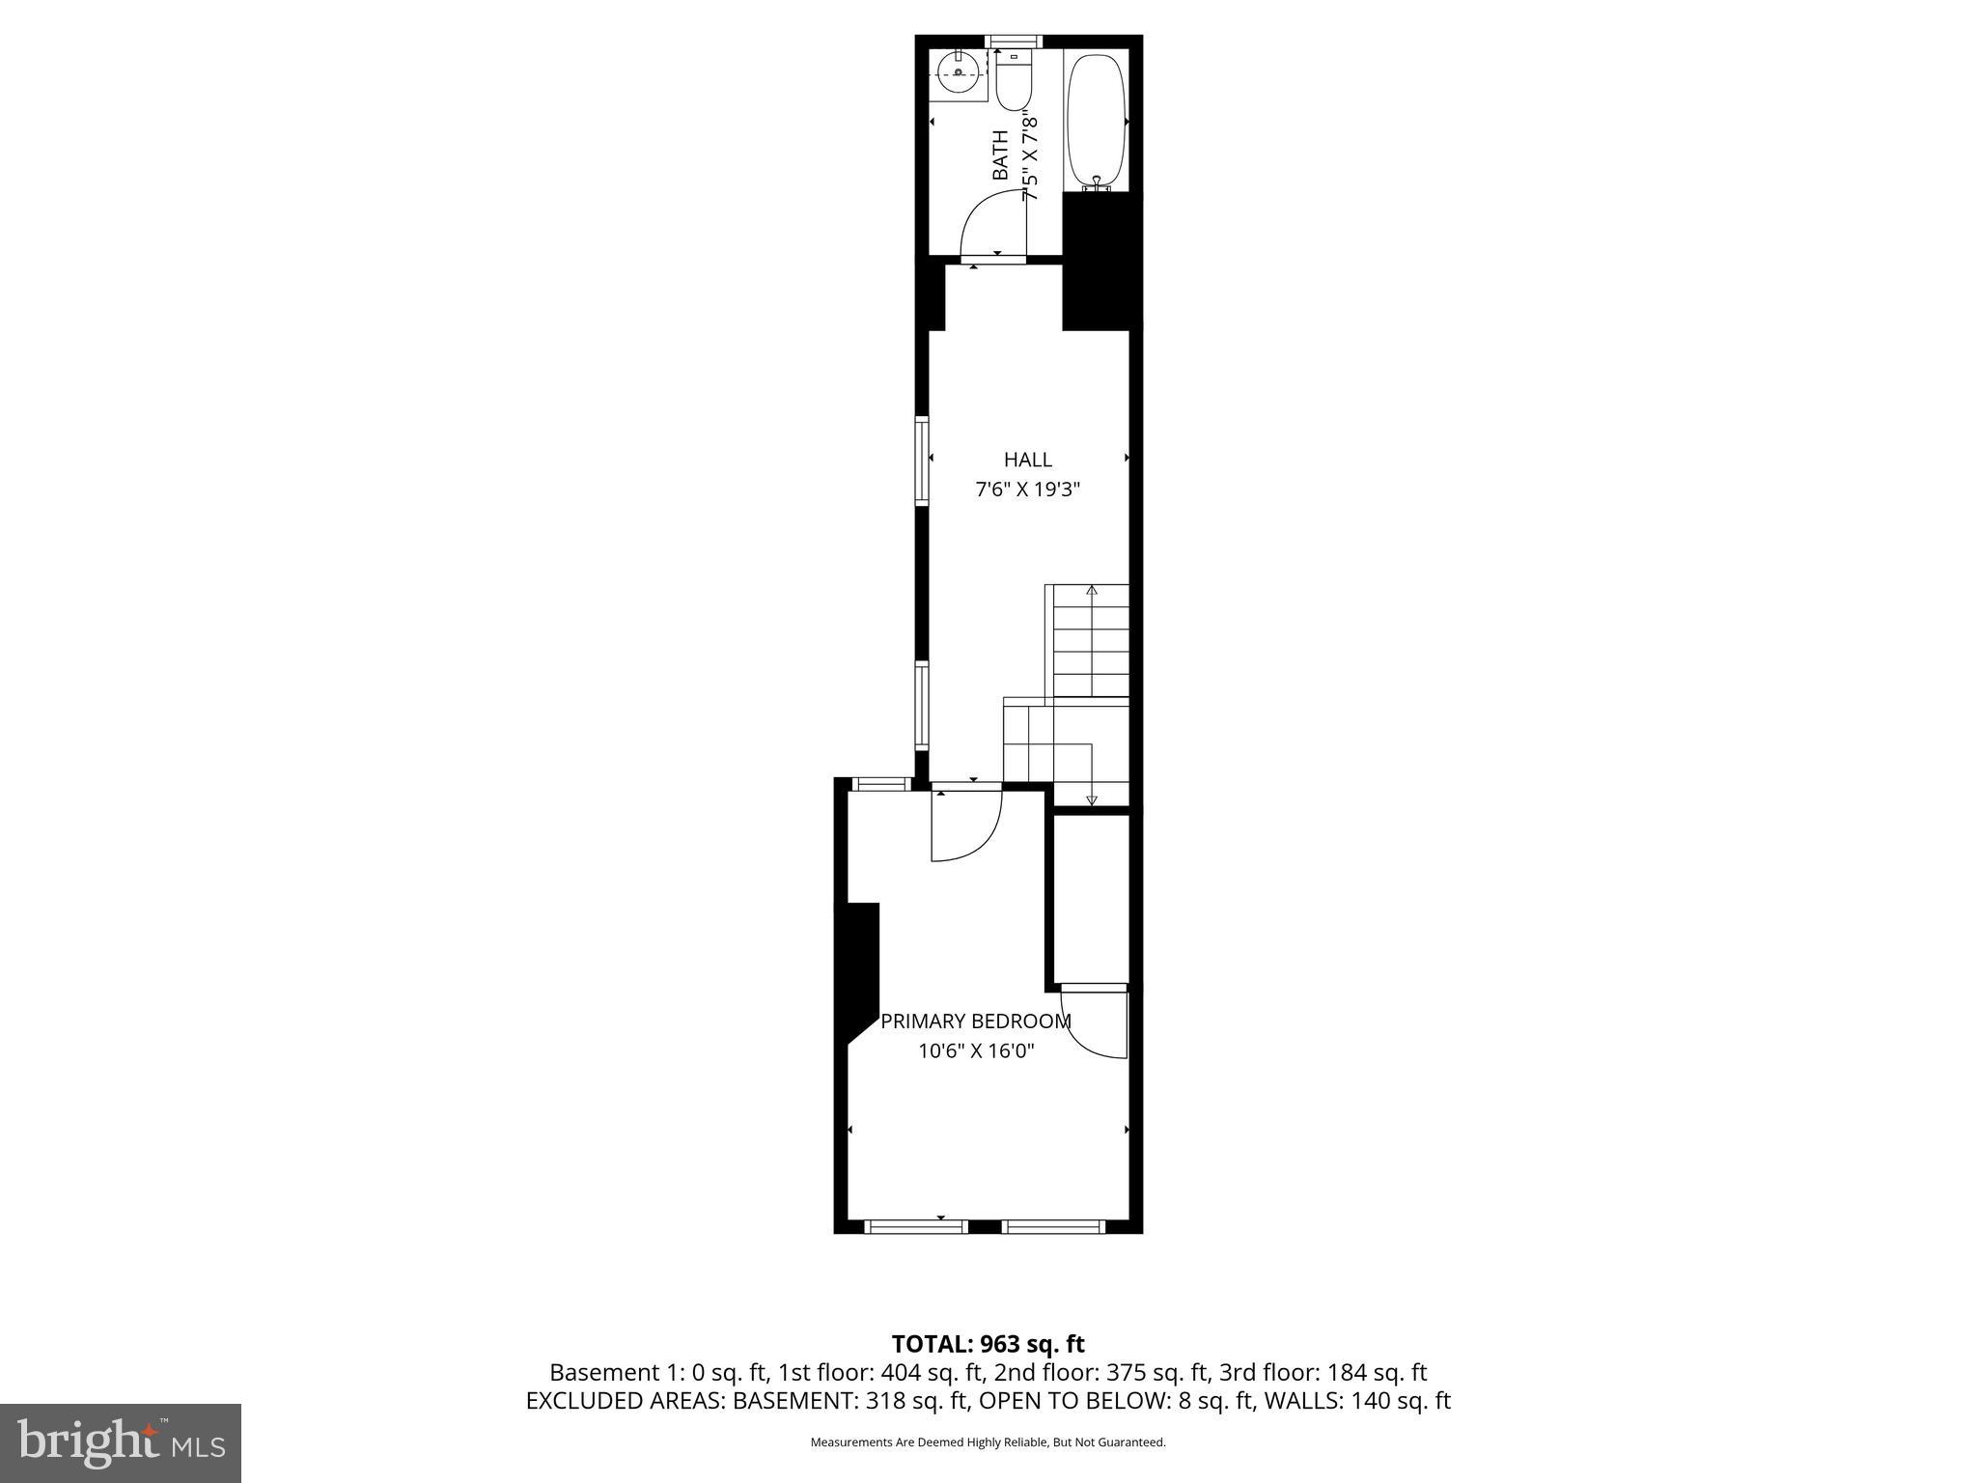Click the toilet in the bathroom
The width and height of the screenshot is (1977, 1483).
pyautogui.click(x=1014, y=82)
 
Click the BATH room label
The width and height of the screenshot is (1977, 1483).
pyautogui.click(x=1001, y=155)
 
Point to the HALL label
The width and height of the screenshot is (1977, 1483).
pyautogui.click(x=1027, y=461)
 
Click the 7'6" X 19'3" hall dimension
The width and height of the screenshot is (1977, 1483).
pyautogui.click(x=1027, y=490)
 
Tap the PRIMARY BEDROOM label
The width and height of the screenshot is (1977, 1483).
pyautogui.click(x=975, y=1021)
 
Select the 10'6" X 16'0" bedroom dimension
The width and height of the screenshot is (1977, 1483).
pyautogui.click(x=975, y=1051)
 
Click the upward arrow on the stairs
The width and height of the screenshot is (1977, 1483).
pyautogui.click(x=1092, y=590)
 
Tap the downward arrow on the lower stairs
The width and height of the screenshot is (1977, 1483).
pyautogui.click(x=1092, y=798)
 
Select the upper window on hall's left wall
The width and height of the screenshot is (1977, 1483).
pyautogui.click(x=922, y=461)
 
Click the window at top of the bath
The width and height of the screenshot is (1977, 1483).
pyautogui.click(x=1014, y=41)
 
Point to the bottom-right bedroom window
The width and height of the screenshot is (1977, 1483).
pyautogui.click(x=1052, y=1227)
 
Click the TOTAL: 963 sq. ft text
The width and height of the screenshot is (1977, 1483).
pyautogui.click(x=988, y=1344)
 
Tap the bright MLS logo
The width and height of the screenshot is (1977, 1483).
pyautogui.click(x=121, y=1442)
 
